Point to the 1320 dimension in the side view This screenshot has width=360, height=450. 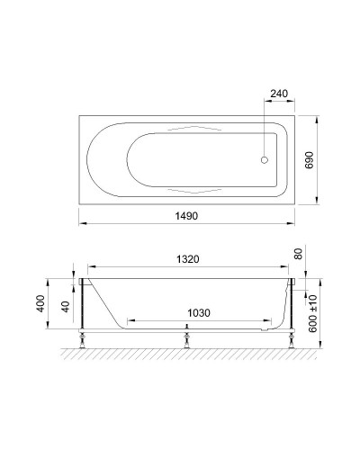coord(187,258)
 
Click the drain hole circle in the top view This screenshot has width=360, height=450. coord(264,161)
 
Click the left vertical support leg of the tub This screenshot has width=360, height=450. coord(83,310)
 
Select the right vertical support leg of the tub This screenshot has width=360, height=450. coord(292,310)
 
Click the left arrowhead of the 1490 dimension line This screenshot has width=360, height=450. coord(81,224)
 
